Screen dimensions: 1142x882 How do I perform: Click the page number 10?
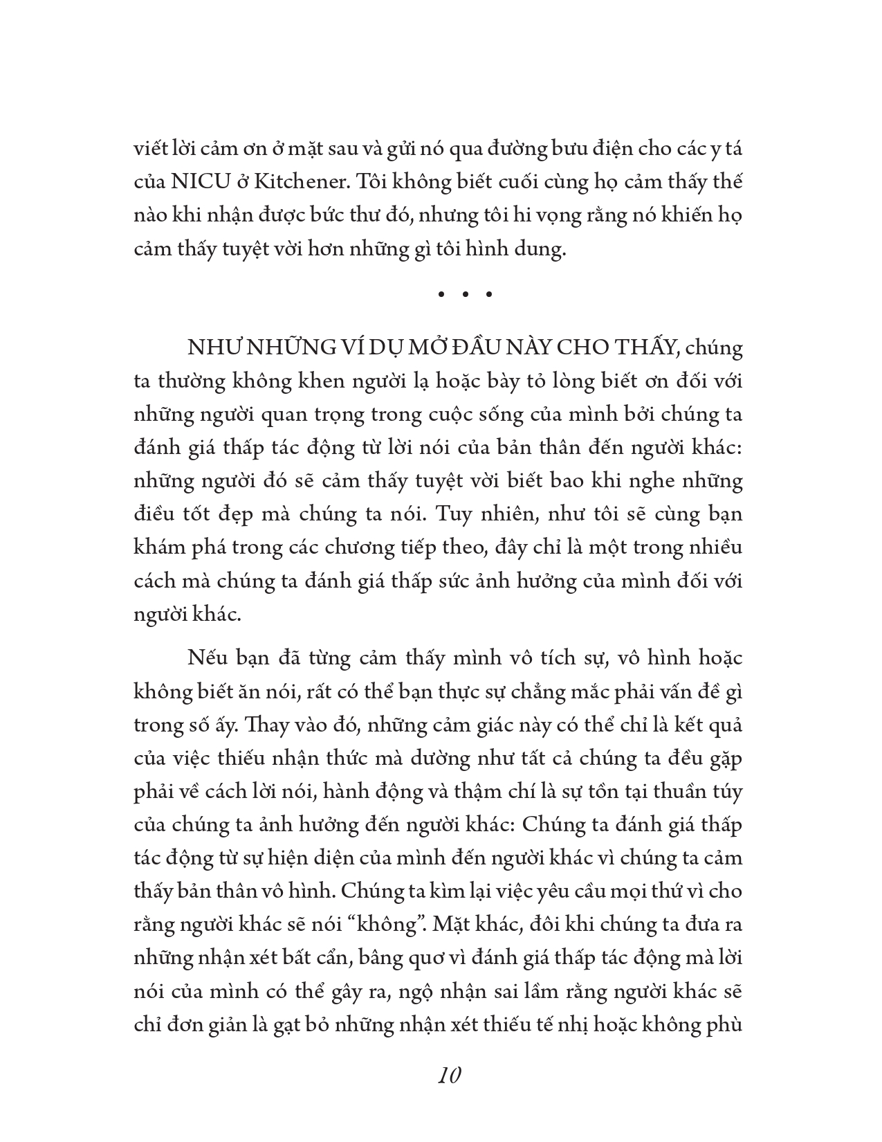click(450, 1076)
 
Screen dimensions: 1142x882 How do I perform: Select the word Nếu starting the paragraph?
click(203, 658)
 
